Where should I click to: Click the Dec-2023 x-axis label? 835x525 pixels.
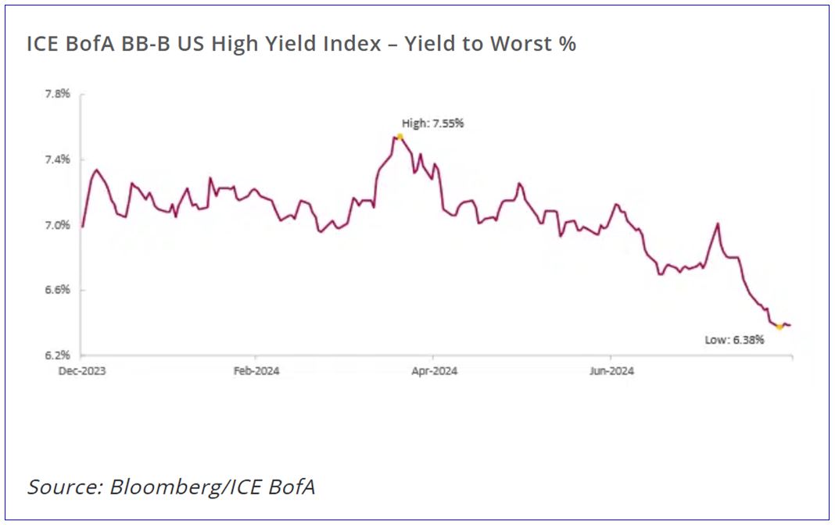(x=82, y=371)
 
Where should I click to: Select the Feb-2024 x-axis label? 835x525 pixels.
(x=256, y=371)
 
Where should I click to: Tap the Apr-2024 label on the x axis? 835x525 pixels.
(x=434, y=371)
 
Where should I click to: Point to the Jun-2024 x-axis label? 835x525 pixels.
(x=611, y=371)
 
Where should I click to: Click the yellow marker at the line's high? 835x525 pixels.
(x=400, y=137)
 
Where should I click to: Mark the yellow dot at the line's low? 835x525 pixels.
(x=779, y=327)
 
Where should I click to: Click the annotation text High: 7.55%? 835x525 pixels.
(x=432, y=123)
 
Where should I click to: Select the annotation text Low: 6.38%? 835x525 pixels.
(x=734, y=341)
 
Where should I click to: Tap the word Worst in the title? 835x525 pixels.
(x=521, y=45)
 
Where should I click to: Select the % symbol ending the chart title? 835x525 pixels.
(x=568, y=45)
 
